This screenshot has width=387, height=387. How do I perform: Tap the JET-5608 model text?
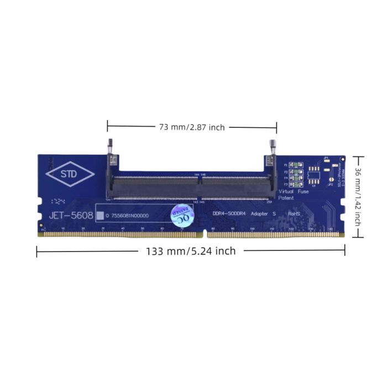coord(70,215)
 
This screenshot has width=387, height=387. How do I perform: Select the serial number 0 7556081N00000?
coord(128,216)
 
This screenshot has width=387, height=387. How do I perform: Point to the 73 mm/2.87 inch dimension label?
coord(192,127)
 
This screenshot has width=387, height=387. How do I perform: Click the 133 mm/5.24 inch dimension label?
coord(191,251)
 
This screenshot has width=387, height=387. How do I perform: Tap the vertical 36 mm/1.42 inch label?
coord(358,197)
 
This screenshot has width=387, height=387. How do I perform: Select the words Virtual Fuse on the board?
coord(294,191)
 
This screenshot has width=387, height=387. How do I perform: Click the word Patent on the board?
coord(286,197)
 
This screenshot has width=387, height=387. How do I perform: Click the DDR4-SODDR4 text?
coord(229,213)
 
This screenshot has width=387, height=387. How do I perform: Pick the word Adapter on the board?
coord(260,213)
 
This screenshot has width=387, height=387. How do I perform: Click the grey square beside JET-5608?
coord(100,216)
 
